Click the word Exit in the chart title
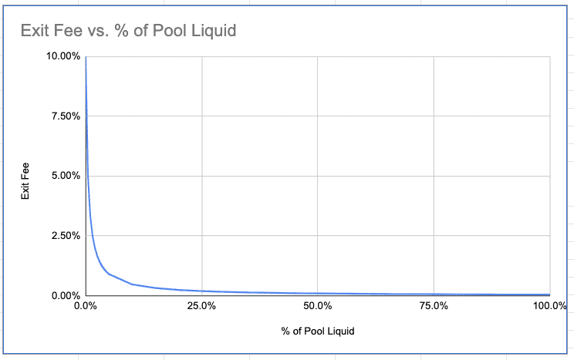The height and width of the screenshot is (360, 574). [32, 30]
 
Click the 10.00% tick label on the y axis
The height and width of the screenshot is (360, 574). [63, 56]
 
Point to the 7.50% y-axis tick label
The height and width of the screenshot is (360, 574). [66, 116]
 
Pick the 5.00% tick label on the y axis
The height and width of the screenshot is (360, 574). [66, 176]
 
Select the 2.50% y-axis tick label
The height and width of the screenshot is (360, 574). [66, 235]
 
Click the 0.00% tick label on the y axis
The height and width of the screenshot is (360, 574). [66, 295]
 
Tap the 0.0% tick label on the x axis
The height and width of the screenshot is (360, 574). [86, 305]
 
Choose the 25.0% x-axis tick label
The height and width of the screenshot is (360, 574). [201, 305]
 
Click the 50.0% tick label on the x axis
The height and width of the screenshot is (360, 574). [318, 305]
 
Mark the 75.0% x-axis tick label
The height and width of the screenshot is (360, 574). [434, 305]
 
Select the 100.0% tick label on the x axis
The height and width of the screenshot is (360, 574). [550, 305]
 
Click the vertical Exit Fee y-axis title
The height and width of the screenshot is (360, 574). [25, 181]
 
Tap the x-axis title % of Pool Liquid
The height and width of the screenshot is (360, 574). [318, 331]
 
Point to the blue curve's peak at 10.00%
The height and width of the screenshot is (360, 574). [86, 57]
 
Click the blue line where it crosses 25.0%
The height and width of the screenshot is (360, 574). [201, 291]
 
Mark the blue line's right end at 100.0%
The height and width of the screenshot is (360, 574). [550, 294]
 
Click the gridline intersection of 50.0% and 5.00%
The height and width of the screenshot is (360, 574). [318, 176]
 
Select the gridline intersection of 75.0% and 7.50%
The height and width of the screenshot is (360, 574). [434, 116]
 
